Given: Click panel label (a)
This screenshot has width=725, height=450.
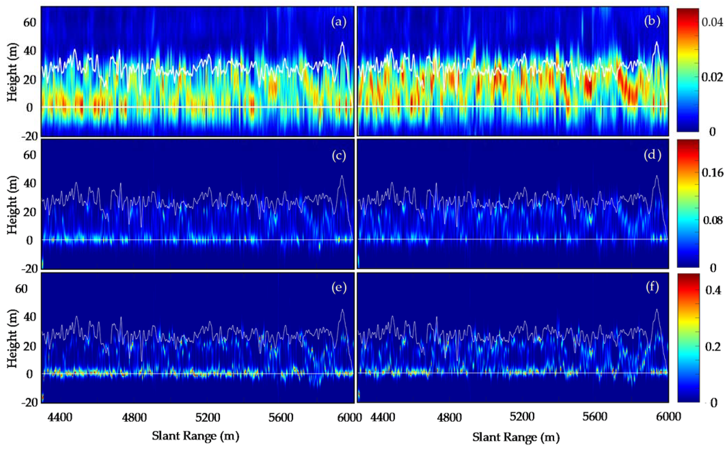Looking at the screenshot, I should tap(339, 23).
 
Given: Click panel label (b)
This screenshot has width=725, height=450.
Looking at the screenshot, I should tap(652, 22).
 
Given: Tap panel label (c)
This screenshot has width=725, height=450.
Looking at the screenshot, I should tap(339, 156).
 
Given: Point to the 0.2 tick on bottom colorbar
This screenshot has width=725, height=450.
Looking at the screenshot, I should tap(712, 347).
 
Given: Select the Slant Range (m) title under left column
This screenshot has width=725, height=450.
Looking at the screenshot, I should tap(195, 436).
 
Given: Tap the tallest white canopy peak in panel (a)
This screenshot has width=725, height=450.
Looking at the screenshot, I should tap(343, 43).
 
